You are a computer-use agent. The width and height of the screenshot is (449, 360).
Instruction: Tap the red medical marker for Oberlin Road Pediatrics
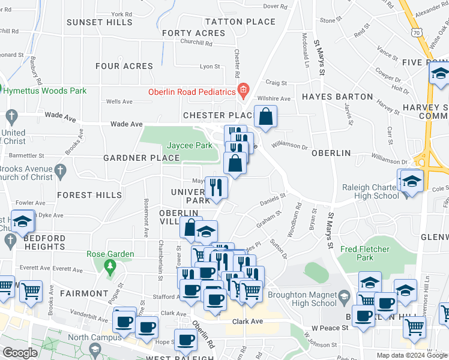243,92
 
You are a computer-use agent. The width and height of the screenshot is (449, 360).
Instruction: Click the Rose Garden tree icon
110,265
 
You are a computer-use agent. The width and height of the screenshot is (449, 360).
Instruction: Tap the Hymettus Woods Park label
45,91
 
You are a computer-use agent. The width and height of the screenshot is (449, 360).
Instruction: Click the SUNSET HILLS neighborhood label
100,22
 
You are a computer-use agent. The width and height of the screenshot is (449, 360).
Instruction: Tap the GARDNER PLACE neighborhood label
142,158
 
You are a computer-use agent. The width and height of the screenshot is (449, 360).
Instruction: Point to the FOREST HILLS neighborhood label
89,195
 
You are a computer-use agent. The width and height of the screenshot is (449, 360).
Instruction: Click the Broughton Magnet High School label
302,299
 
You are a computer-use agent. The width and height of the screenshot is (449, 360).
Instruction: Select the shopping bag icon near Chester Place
265,116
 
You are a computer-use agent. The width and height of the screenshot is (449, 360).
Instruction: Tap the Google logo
20,353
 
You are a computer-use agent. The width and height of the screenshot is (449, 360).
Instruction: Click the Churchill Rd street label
196,43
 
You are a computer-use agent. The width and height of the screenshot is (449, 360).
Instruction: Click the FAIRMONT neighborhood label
83,293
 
